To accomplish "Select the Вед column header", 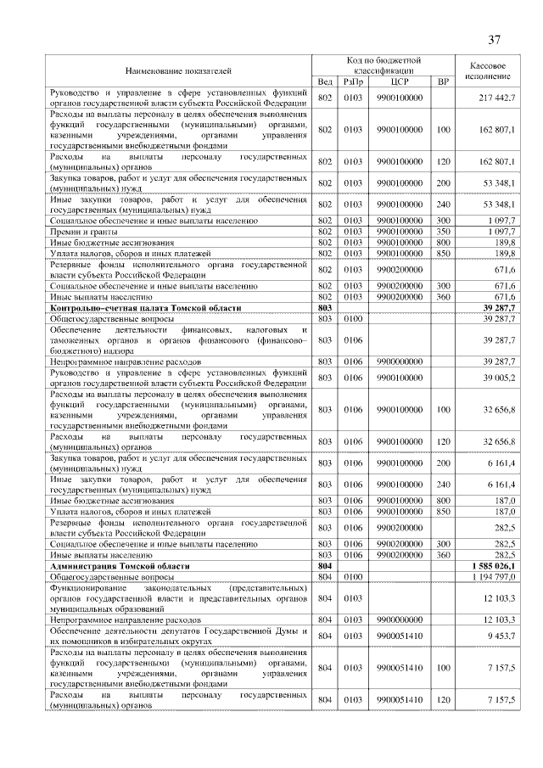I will (x=324, y=81).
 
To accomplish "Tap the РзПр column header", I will (x=353, y=81).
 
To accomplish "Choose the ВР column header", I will (x=442, y=81).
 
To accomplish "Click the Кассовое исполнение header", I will (x=488, y=70).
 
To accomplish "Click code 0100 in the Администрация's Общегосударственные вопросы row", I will (x=353, y=576).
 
